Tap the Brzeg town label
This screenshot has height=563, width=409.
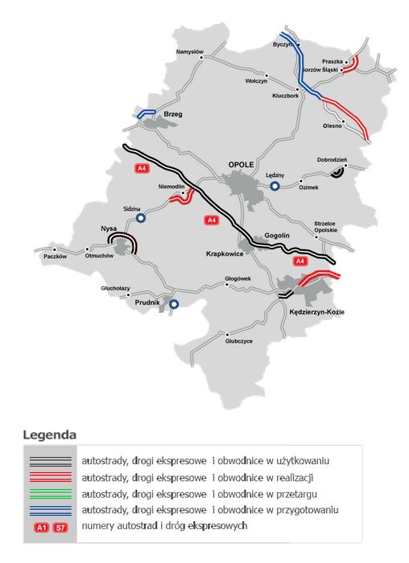pos(173,114)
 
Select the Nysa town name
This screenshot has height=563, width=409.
pos(109,228)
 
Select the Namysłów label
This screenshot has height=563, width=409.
pos(190,53)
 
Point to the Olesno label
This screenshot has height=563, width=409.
pos(332,126)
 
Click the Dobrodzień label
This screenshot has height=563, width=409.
pos(332,159)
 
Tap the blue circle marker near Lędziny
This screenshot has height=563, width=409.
pos(275,186)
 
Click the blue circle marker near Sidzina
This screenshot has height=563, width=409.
pos(141,217)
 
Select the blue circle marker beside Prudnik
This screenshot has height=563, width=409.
pos(173,304)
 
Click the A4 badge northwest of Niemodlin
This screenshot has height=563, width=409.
pos(142,168)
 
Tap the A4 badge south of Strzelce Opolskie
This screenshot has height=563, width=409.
pos(299,261)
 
